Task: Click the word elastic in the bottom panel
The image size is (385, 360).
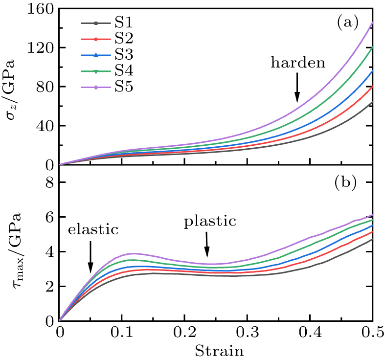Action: pyautogui.click(x=93, y=229)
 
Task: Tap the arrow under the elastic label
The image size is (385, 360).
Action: pyautogui.click(x=91, y=257)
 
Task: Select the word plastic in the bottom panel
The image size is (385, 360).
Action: pyautogui.click(x=210, y=222)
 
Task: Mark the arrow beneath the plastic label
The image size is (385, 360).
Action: pyautogui.click(x=207, y=244)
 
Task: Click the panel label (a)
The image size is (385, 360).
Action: pyautogui.click(x=347, y=22)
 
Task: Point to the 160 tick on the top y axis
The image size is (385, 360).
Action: pyautogui.click(x=42, y=9)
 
